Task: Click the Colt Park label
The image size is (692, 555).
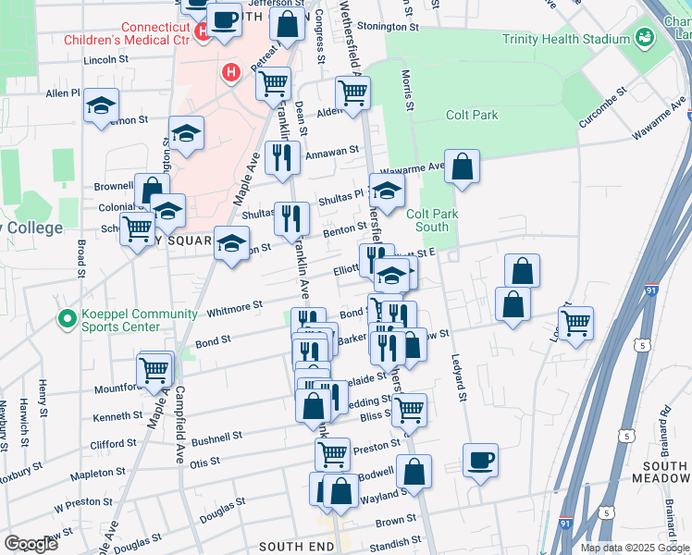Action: click(x=472, y=115)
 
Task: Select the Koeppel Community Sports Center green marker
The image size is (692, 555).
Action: click(x=67, y=320)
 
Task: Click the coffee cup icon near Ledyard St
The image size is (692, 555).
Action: click(x=480, y=460)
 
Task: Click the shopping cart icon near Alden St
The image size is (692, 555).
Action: click(x=352, y=92)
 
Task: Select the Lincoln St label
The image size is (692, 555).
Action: click(x=105, y=59)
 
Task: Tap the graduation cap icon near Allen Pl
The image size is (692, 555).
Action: click(x=101, y=106)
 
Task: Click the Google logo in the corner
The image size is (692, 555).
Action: click(x=31, y=544)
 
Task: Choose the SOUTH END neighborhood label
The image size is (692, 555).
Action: click(x=294, y=547)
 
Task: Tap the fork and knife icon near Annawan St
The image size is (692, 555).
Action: click(x=282, y=157)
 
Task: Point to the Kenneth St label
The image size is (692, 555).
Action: click(x=117, y=417)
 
